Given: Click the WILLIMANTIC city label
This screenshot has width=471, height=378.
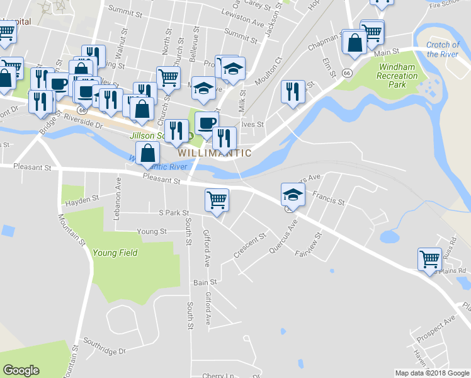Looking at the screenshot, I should (215, 153).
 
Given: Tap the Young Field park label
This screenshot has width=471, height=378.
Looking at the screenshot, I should (115, 253).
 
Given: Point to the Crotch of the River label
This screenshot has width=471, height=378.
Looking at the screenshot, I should (443, 49).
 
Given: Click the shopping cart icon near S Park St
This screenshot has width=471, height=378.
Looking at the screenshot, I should (217, 200).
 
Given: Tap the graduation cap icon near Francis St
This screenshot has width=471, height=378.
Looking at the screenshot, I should (293, 195).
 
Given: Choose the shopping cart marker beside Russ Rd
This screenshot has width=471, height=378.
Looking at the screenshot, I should (429, 258).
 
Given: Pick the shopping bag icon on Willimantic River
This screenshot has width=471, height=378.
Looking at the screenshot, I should (147, 153).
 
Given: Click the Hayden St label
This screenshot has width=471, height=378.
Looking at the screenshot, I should (82, 200).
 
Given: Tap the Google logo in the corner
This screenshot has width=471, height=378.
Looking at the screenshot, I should (21, 370).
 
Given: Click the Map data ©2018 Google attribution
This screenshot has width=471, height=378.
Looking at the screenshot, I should (431, 373).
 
